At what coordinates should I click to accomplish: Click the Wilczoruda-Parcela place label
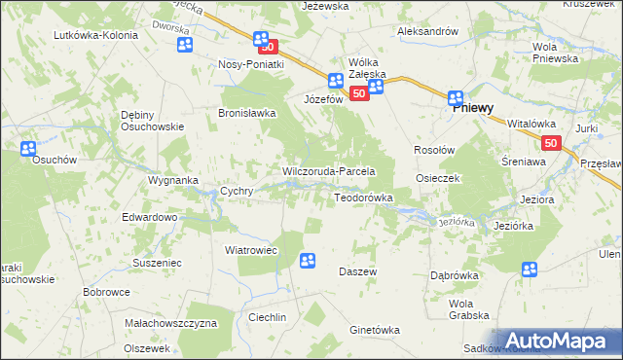[336, 171]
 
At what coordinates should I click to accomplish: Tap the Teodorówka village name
[363, 198]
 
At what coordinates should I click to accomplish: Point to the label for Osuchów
[30, 162]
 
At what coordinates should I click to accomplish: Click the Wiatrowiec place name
[252, 249]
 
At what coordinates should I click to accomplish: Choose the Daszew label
[357, 271]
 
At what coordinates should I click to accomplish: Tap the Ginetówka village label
[375, 330]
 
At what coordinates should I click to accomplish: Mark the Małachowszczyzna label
[170, 322]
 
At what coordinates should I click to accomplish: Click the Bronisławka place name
[246, 113]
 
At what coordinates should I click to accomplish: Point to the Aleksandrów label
[427, 31]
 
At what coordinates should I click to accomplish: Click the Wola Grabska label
[469, 308]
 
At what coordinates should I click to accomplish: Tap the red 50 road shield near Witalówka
[552, 143]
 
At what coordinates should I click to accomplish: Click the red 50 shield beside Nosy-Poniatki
[270, 46]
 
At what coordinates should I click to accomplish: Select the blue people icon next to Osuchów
[27, 149]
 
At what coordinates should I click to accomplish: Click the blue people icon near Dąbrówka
[530, 270]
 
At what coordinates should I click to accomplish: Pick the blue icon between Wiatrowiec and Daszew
[308, 260]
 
